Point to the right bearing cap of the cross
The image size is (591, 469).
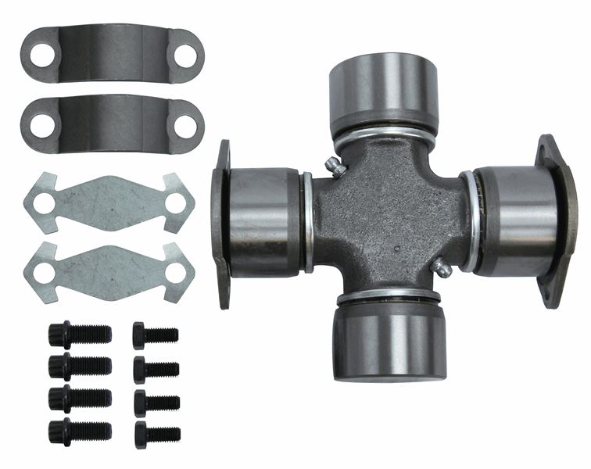click(x=516, y=219)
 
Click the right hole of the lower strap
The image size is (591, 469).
click(x=185, y=125)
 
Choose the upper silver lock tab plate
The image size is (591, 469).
click(x=109, y=202)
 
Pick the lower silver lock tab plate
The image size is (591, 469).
click(x=109, y=268)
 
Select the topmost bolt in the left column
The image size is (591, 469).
click(x=79, y=335)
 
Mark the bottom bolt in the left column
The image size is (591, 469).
click(x=79, y=430)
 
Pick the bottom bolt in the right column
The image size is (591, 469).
click(x=156, y=431)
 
